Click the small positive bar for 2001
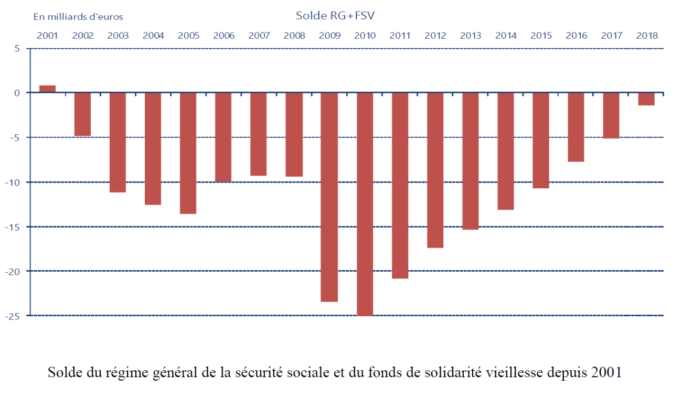47,89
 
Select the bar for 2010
365,204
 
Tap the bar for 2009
329,197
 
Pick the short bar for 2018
646,99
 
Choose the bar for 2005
188,153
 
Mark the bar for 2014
506,151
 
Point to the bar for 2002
82,114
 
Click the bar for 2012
435,170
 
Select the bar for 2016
576,127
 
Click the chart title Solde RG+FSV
335,15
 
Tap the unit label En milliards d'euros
78,17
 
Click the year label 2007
259,36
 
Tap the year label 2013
471,36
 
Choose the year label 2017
612,36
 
